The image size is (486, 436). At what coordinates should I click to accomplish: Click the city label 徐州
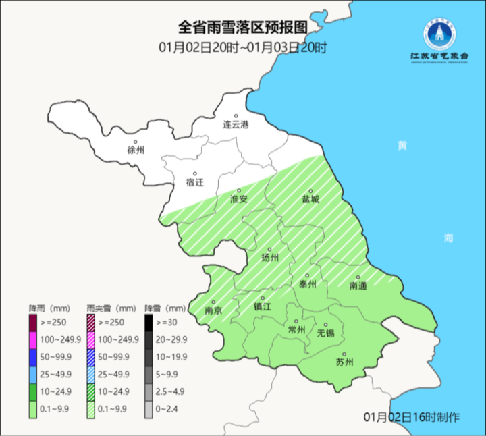(136, 150)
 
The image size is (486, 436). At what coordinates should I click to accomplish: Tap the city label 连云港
(236, 124)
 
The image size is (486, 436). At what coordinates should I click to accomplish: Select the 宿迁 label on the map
(194, 182)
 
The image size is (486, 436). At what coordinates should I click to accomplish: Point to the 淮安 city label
(239, 200)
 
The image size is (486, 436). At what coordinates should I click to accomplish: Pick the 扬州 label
(270, 256)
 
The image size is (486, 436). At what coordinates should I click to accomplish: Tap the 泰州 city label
(308, 284)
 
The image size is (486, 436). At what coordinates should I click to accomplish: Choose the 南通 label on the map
(358, 286)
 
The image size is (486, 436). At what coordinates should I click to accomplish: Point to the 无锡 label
(326, 333)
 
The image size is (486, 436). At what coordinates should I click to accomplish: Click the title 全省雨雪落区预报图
(242, 28)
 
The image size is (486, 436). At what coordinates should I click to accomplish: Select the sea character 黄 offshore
(402, 146)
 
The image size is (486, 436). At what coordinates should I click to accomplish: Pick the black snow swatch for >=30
(149, 321)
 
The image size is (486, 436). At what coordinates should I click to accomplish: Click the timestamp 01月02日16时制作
(412, 416)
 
